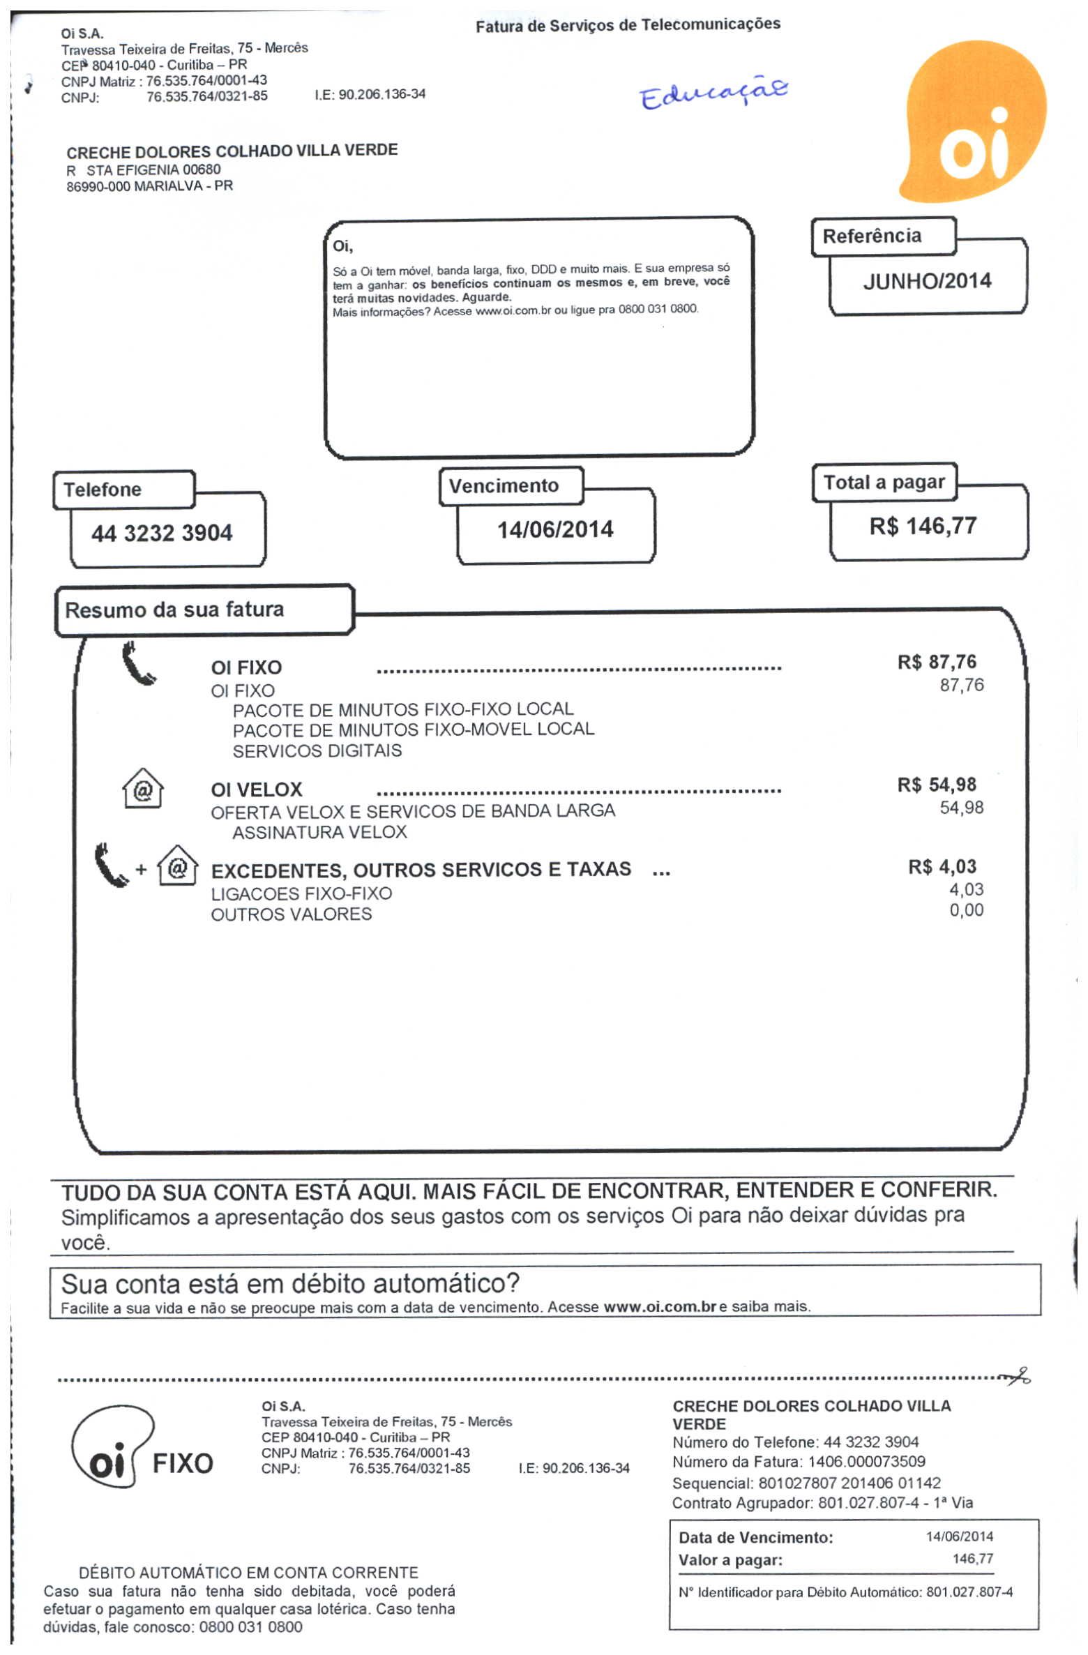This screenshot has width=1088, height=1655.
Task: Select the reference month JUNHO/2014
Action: pyautogui.click(x=927, y=281)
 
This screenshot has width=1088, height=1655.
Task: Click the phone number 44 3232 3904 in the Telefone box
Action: pyautogui.click(x=162, y=534)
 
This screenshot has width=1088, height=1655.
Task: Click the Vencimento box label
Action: pyautogui.click(x=504, y=486)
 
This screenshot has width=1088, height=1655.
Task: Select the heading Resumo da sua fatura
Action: pyautogui.click(x=174, y=610)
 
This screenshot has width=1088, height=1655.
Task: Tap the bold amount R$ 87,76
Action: pyautogui.click(x=937, y=662)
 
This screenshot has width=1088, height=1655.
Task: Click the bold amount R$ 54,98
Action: pyautogui.click(x=937, y=785)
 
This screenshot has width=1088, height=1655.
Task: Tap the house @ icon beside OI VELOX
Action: pyautogui.click(x=143, y=789)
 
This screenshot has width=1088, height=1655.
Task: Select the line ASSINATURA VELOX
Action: pyautogui.click(x=319, y=833)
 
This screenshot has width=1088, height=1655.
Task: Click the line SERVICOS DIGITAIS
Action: pyautogui.click(x=317, y=751)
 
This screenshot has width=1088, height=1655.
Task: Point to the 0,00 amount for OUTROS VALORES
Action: pyautogui.click(x=966, y=911)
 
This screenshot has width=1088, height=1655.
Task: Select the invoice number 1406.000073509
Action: pyautogui.click(x=867, y=1463)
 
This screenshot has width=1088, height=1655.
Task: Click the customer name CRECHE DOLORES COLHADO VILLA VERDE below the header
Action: pyautogui.click(x=232, y=151)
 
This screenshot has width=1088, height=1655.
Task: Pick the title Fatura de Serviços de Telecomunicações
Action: pyautogui.click(x=628, y=26)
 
